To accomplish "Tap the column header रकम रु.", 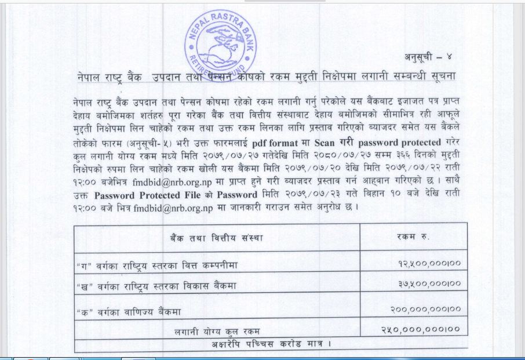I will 414,238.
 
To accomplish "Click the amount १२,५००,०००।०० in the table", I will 429,264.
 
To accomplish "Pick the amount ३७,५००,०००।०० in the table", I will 429,285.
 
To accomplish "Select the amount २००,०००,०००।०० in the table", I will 425,311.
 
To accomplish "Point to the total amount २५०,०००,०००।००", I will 424,330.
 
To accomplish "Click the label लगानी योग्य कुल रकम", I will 217,331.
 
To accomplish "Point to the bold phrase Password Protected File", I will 147,196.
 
